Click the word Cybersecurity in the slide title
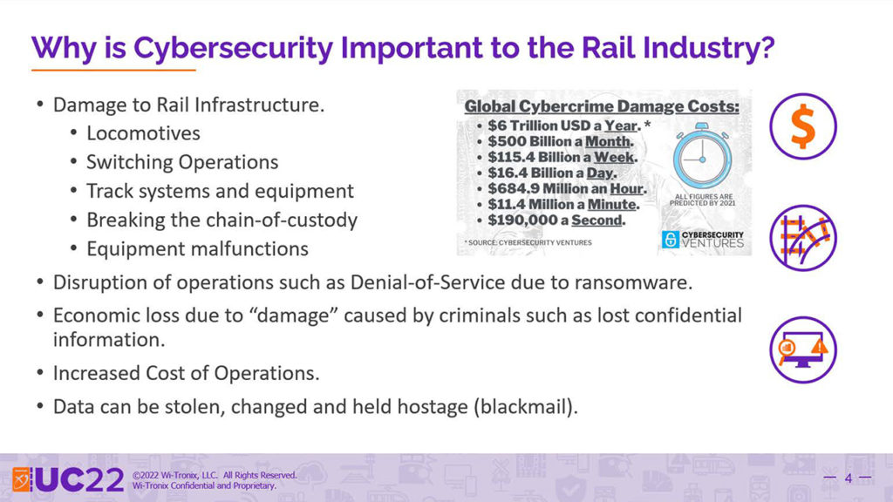pos(234,48)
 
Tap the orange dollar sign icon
pos(803,126)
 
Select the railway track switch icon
pos(803,238)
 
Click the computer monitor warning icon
pos(803,349)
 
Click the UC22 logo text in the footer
pos(79,480)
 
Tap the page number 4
pos(848,478)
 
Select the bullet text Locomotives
pos(144,133)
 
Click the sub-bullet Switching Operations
pos(182,162)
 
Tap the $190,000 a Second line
pos(556,220)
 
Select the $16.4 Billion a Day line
pos(552,173)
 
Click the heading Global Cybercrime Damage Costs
pos(602,106)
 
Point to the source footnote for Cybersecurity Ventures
pos(528,242)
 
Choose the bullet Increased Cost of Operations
pos(187,373)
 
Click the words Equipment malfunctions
pos(198,248)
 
